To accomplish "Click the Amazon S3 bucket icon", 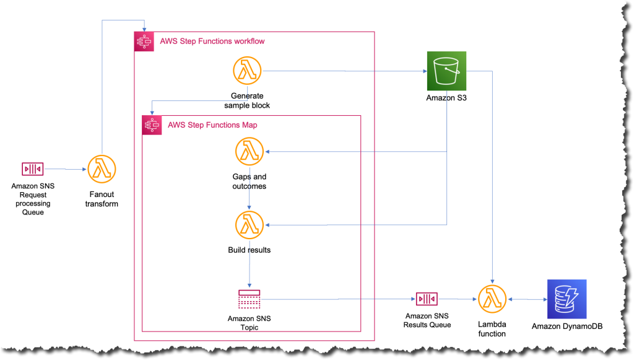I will tap(446, 71).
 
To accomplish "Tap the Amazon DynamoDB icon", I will tap(567, 299).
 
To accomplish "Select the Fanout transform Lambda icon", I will tap(102, 169).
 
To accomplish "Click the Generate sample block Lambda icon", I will tap(247, 71).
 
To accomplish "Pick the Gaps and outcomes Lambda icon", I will tap(250, 152).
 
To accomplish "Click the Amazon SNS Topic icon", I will tap(250, 299).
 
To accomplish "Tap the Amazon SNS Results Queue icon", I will tap(427, 299).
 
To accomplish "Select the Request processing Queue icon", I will tap(32, 169).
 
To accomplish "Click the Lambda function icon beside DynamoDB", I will tap(492, 299).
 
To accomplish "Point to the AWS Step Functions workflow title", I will tap(212, 42).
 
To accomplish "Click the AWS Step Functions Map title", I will tap(212, 125).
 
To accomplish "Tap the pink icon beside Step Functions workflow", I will tap(144, 42).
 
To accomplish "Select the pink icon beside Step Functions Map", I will tap(152, 125).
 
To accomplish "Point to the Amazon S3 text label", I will tap(446, 98).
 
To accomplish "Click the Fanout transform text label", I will tap(102, 199).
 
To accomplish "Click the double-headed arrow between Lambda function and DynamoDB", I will tap(526, 299).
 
